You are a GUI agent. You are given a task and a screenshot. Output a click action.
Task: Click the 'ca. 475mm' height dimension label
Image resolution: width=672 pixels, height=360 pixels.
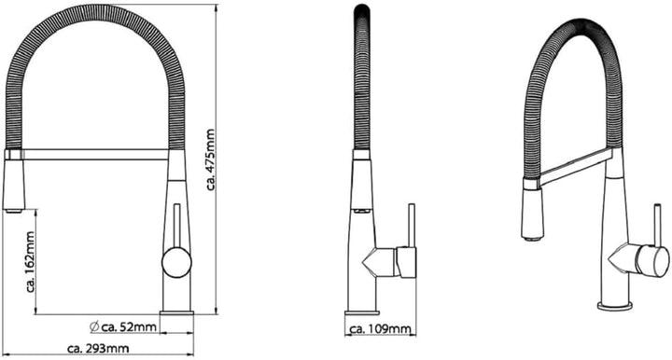(x=210, y=159)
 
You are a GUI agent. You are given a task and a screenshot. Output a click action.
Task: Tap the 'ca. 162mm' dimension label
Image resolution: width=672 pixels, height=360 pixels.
(x=31, y=262)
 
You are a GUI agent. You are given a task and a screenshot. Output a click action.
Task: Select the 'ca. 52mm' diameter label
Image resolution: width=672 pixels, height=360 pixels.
(x=128, y=327)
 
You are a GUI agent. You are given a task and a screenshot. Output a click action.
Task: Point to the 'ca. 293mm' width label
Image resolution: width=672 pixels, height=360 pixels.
(x=98, y=348)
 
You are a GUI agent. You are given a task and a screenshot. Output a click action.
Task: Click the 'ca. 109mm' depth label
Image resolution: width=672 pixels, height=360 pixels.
(x=381, y=328)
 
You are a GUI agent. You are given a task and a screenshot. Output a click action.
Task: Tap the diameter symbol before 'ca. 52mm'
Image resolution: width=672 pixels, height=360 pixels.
(x=94, y=326)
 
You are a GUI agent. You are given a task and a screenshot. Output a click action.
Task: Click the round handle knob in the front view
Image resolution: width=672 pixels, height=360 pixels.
(x=176, y=262)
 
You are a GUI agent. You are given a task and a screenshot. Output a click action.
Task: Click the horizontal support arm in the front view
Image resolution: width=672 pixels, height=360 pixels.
(x=94, y=154)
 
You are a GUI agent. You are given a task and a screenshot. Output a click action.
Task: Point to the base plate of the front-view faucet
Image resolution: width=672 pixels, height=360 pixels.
(x=176, y=313)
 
